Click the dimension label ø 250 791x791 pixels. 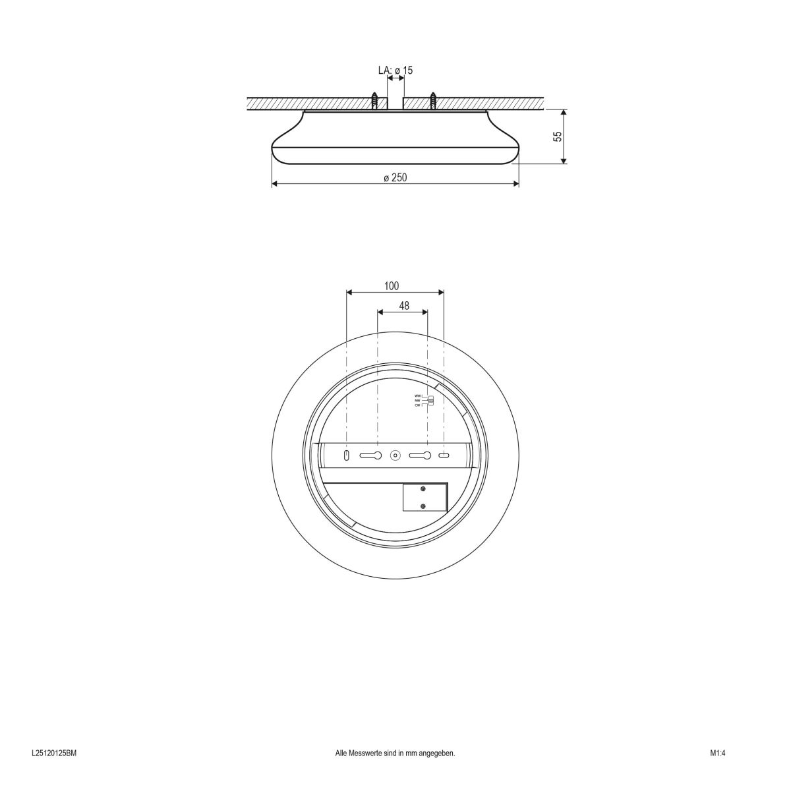click(x=395, y=177)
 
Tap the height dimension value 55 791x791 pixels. click(x=558, y=136)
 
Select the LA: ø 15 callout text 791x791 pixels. click(x=395, y=70)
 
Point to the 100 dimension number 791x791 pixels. click(x=392, y=286)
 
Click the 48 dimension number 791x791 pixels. click(x=404, y=306)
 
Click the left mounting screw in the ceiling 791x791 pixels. click(x=375, y=101)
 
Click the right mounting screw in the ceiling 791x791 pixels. click(x=433, y=101)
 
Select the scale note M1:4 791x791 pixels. click(x=717, y=753)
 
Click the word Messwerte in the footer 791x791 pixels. click(x=364, y=753)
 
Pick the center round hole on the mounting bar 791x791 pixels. click(x=395, y=455)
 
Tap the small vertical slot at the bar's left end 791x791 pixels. click(x=347, y=455)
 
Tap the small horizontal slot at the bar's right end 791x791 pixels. click(x=444, y=455)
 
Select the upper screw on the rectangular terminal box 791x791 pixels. click(x=423, y=488)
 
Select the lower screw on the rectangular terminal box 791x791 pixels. click(x=423, y=506)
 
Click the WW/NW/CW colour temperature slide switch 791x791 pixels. click(x=431, y=401)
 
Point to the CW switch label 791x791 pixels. click(x=417, y=406)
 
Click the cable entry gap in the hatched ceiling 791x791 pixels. click(x=395, y=102)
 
